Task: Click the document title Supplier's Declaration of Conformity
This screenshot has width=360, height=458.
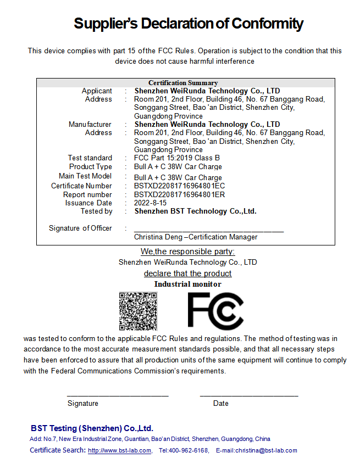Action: (x=189, y=24)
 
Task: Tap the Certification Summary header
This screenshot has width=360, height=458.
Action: (x=183, y=83)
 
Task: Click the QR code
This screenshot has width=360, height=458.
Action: (x=138, y=311)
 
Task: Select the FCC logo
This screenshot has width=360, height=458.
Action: (x=215, y=311)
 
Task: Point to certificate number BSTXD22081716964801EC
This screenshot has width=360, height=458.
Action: (x=179, y=186)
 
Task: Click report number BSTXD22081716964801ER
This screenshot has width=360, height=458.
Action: (x=179, y=194)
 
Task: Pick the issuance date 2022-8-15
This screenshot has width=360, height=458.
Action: (x=151, y=203)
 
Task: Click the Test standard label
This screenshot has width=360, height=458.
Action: (x=90, y=158)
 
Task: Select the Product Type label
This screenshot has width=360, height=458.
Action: (x=91, y=167)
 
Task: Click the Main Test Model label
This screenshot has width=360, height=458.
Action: (x=85, y=176)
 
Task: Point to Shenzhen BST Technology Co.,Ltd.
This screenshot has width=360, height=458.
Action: (x=195, y=211)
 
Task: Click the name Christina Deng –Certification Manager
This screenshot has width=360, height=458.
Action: (x=196, y=237)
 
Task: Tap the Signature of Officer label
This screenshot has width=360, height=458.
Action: (x=80, y=228)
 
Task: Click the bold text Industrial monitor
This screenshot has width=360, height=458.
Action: (x=187, y=284)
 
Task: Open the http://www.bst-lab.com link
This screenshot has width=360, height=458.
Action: (x=119, y=451)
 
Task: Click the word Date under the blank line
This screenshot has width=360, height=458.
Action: (x=221, y=404)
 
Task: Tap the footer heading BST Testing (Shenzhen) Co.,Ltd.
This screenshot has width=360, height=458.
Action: (x=92, y=428)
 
